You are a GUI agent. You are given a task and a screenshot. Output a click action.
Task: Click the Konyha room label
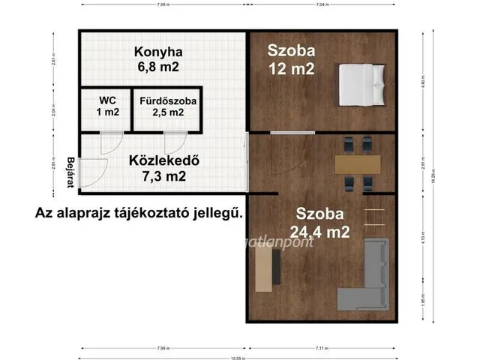[158, 52]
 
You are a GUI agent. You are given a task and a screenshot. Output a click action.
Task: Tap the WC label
[108, 100]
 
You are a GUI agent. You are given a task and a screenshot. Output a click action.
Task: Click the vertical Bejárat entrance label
[70, 172]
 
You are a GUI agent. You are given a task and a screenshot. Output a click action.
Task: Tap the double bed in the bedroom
[362, 84]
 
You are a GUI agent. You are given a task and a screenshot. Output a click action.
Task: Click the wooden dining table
[358, 163]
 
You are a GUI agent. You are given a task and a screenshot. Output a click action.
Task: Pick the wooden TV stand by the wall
[264, 269]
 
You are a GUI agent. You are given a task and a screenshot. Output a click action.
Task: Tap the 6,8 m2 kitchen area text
[157, 67]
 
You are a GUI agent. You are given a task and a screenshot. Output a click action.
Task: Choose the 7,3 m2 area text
[157, 176]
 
